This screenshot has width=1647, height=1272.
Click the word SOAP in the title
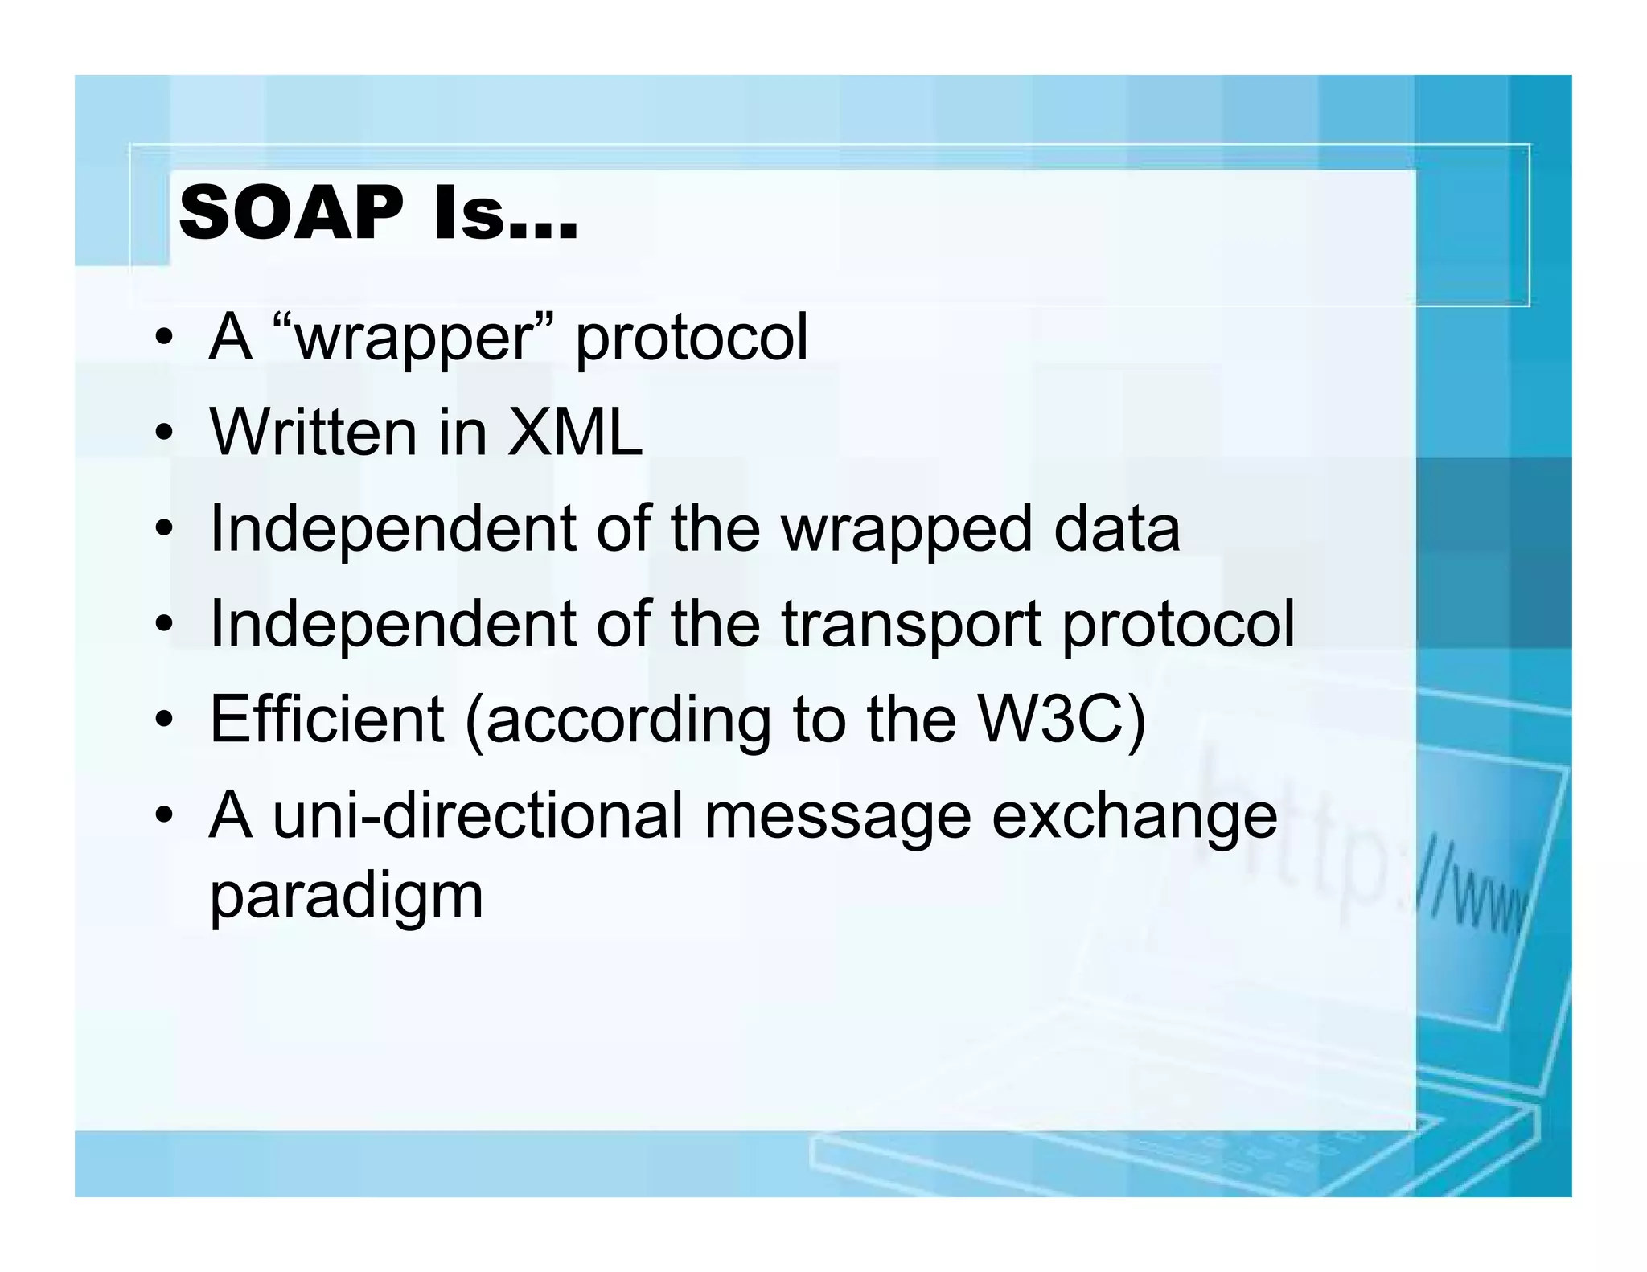[x=291, y=214]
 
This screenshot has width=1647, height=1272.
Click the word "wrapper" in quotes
[x=414, y=338]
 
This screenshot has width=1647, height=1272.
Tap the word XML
[x=575, y=433]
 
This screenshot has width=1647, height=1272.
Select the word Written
[x=313, y=433]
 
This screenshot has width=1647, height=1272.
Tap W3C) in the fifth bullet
[x=1061, y=720]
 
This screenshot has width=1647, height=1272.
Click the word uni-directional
[x=478, y=814]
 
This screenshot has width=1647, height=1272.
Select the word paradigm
[x=347, y=898]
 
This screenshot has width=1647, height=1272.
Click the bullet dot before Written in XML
[x=165, y=434]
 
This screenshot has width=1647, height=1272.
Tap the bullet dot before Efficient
[x=165, y=720]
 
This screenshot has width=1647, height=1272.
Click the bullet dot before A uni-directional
[x=165, y=817]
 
